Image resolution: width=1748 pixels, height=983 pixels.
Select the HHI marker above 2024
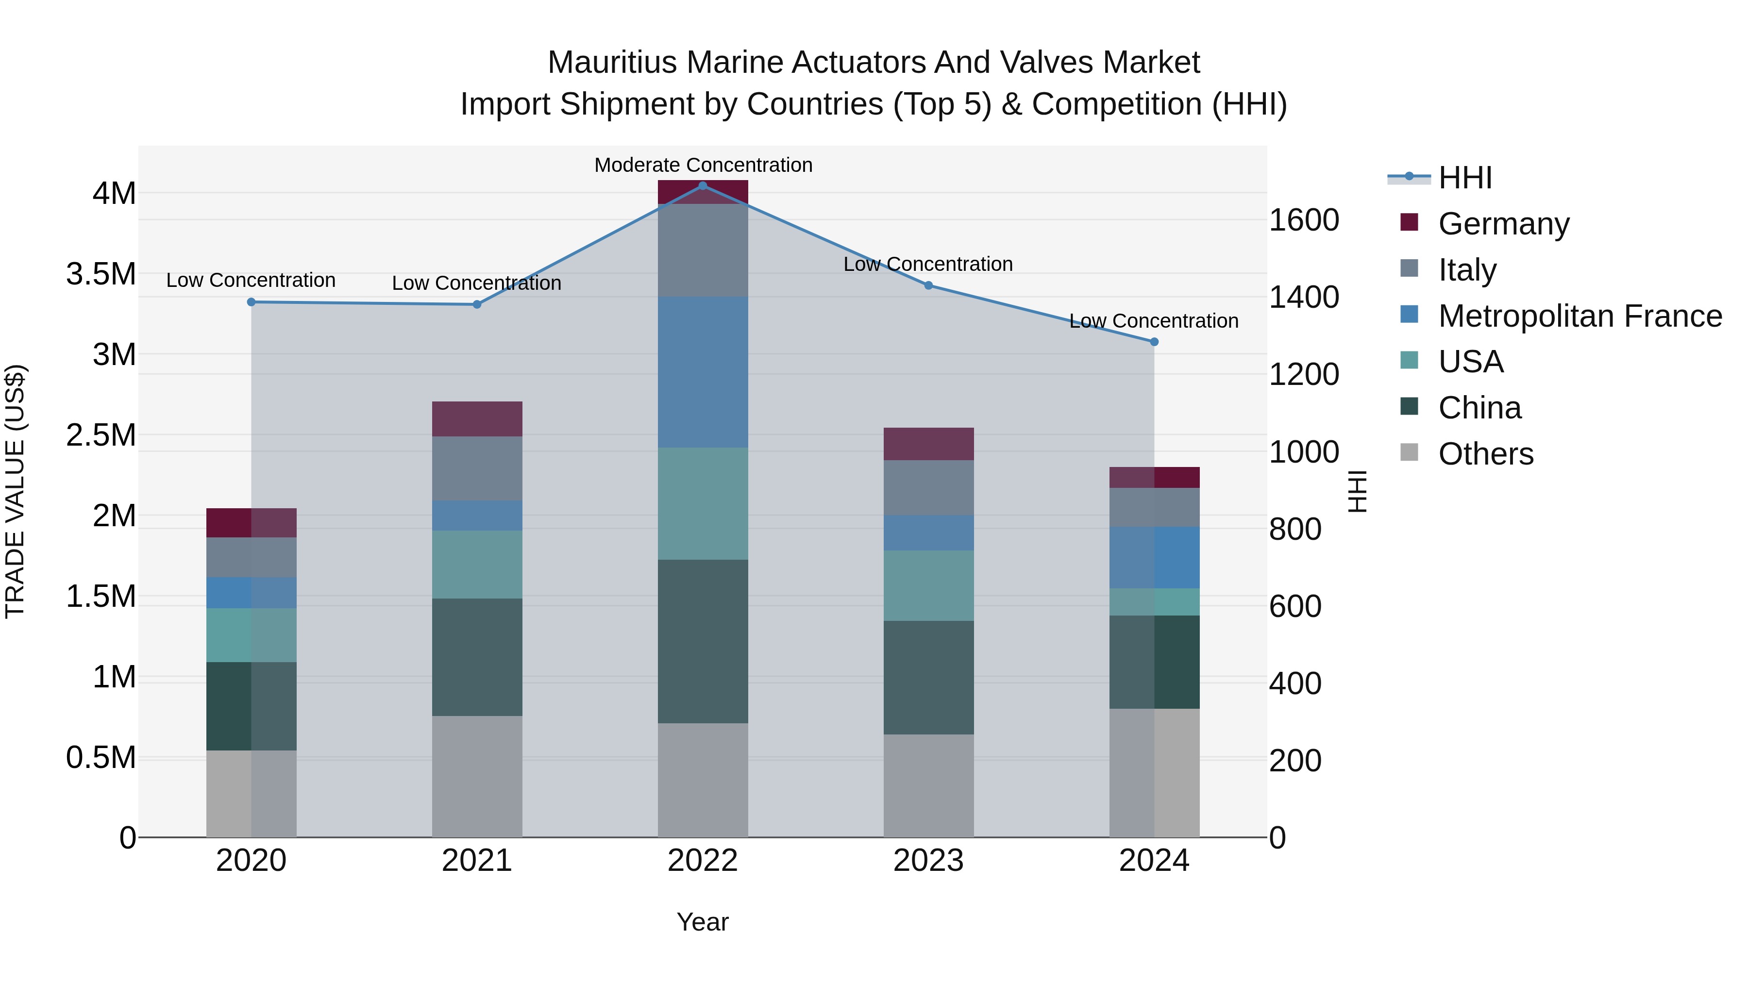pyautogui.click(x=1154, y=342)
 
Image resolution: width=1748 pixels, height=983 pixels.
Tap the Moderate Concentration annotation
pyautogui.click(x=703, y=165)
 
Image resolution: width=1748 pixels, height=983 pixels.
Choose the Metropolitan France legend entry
pyautogui.click(x=1580, y=316)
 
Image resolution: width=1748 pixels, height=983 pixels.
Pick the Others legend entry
pyautogui.click(x=1485, y=453)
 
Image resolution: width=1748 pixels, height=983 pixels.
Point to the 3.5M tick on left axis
pyautogui.click(x=101, y=274)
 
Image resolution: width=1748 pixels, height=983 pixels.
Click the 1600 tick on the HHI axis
pyautogui.click(x=1304, y=220)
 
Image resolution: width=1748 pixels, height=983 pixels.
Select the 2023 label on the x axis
pyautogui.click(x=928, y=861)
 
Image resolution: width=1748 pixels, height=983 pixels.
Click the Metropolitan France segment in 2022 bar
pyautogui.click(x=703, y=372)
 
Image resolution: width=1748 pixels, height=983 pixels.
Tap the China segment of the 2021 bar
pyautogui.click(x=477, y=657)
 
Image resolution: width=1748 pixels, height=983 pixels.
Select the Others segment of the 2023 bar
pyautogui.click(x=928, y=785)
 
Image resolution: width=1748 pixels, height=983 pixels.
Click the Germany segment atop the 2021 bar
pyautogui.click(x=477, y=418)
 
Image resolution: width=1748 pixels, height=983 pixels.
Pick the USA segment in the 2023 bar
pyautogui.click(x=928, y=585)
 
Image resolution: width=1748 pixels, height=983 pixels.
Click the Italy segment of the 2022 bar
pyautogui.click(x=703, y=250)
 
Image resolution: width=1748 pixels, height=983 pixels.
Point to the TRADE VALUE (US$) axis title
pyautogui.click(x=15, y=491)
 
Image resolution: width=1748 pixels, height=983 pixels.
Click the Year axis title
pyautogui.click(x=702, y=922)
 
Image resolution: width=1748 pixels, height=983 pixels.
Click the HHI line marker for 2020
pyautogui.click(x=251, y=302)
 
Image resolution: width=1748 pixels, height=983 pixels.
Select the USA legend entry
pyautogui.click(x=1470, y=362)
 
